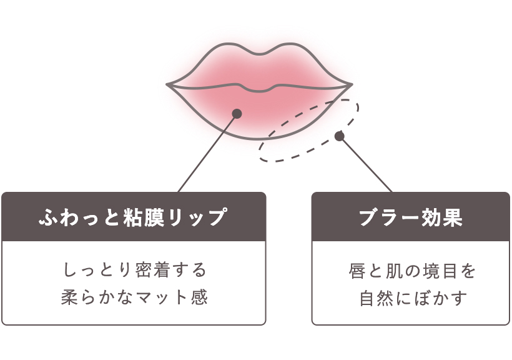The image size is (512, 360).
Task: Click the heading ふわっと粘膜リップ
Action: [x=133, y=217]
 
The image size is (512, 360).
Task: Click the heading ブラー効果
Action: [x=410, y=217]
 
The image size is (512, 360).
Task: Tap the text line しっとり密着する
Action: [x=134, y=271]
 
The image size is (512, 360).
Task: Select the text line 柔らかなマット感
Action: [x=134, y=297]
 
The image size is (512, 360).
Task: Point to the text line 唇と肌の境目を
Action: [x=411, y=271]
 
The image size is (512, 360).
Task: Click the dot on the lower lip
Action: [x=237, y=114]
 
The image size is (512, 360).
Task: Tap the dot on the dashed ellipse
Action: [x=340, y=136]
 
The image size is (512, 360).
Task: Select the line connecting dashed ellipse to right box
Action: [x=366, y=164]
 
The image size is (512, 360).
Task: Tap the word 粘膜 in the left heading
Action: [x=145, y=217]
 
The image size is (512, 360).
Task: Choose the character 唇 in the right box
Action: [x=356, y=271]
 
